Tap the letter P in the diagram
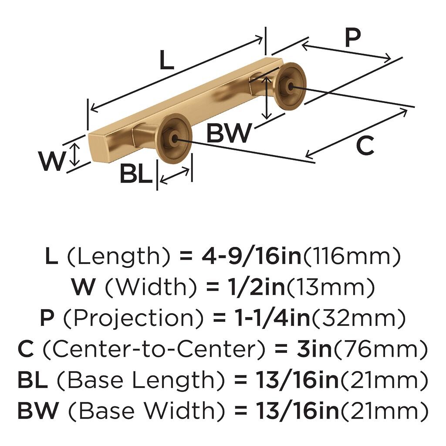353,38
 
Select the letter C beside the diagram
365,146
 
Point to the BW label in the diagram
229,133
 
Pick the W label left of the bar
51,161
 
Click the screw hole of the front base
175,139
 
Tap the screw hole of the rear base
290,87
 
